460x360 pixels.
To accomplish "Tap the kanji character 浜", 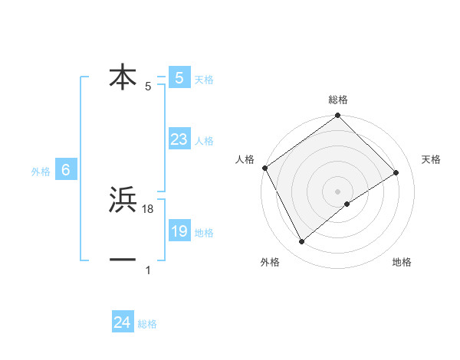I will pos(123,201).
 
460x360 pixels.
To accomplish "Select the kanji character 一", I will pos(123,260).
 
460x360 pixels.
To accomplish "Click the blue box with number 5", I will pos(179,77).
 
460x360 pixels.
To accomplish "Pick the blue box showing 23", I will pos(179,139).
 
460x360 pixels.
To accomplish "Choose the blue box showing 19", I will pos(179,231).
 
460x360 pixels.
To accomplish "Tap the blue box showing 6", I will pos(66,170).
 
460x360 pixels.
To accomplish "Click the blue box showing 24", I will pos(122,322).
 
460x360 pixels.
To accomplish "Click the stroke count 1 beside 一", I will pos(148,270).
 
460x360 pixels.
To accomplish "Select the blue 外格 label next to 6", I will pos(41,172).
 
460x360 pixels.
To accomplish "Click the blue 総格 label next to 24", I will pos(147,324).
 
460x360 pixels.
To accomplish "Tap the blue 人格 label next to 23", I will pos(204,141).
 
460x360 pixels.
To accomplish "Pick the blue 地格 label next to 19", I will pos(204,233).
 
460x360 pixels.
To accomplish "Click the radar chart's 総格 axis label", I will pos(338,100).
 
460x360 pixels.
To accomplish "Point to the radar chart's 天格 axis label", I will pos(431,159).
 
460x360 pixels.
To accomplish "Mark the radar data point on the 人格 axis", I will pos(264,168).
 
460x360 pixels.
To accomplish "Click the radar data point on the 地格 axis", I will pos(347,204).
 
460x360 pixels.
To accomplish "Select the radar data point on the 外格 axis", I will pos(302,242).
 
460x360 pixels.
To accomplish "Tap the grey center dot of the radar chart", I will pos(338,191).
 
